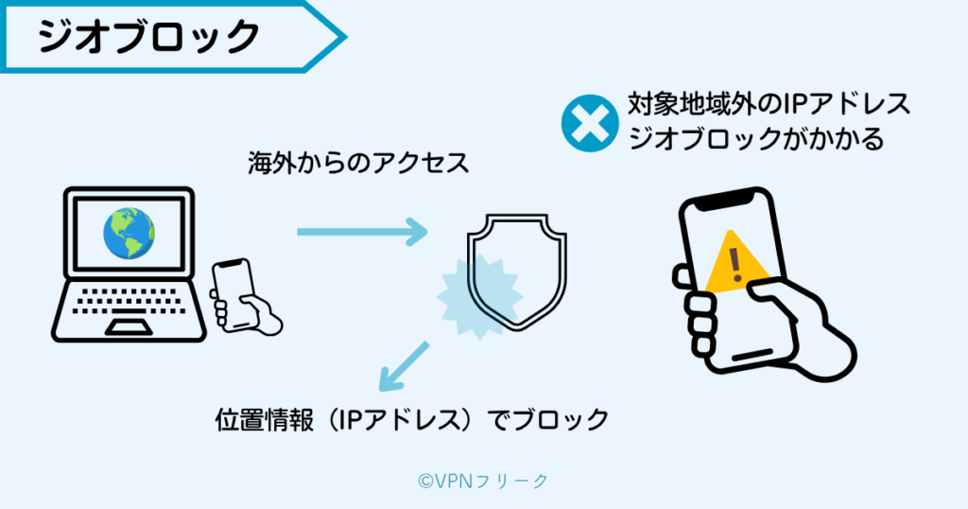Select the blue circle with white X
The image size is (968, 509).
[x=589, y=125]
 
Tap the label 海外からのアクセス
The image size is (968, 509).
[x=358, y=164]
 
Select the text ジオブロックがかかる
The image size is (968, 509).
[x=755, y=139]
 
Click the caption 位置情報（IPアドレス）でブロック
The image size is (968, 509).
[x=411, y=419]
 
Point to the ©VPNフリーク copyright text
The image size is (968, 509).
[x=483, y=481]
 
